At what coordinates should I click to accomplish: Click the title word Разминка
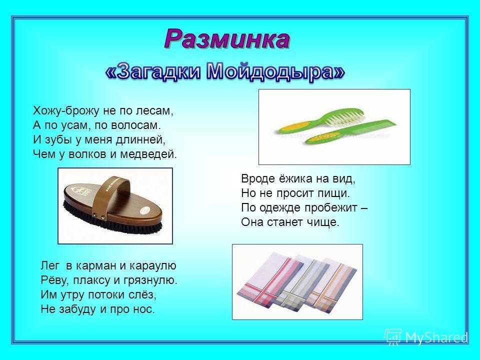(227, 39)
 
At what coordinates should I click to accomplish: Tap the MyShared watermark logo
(426, 337)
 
